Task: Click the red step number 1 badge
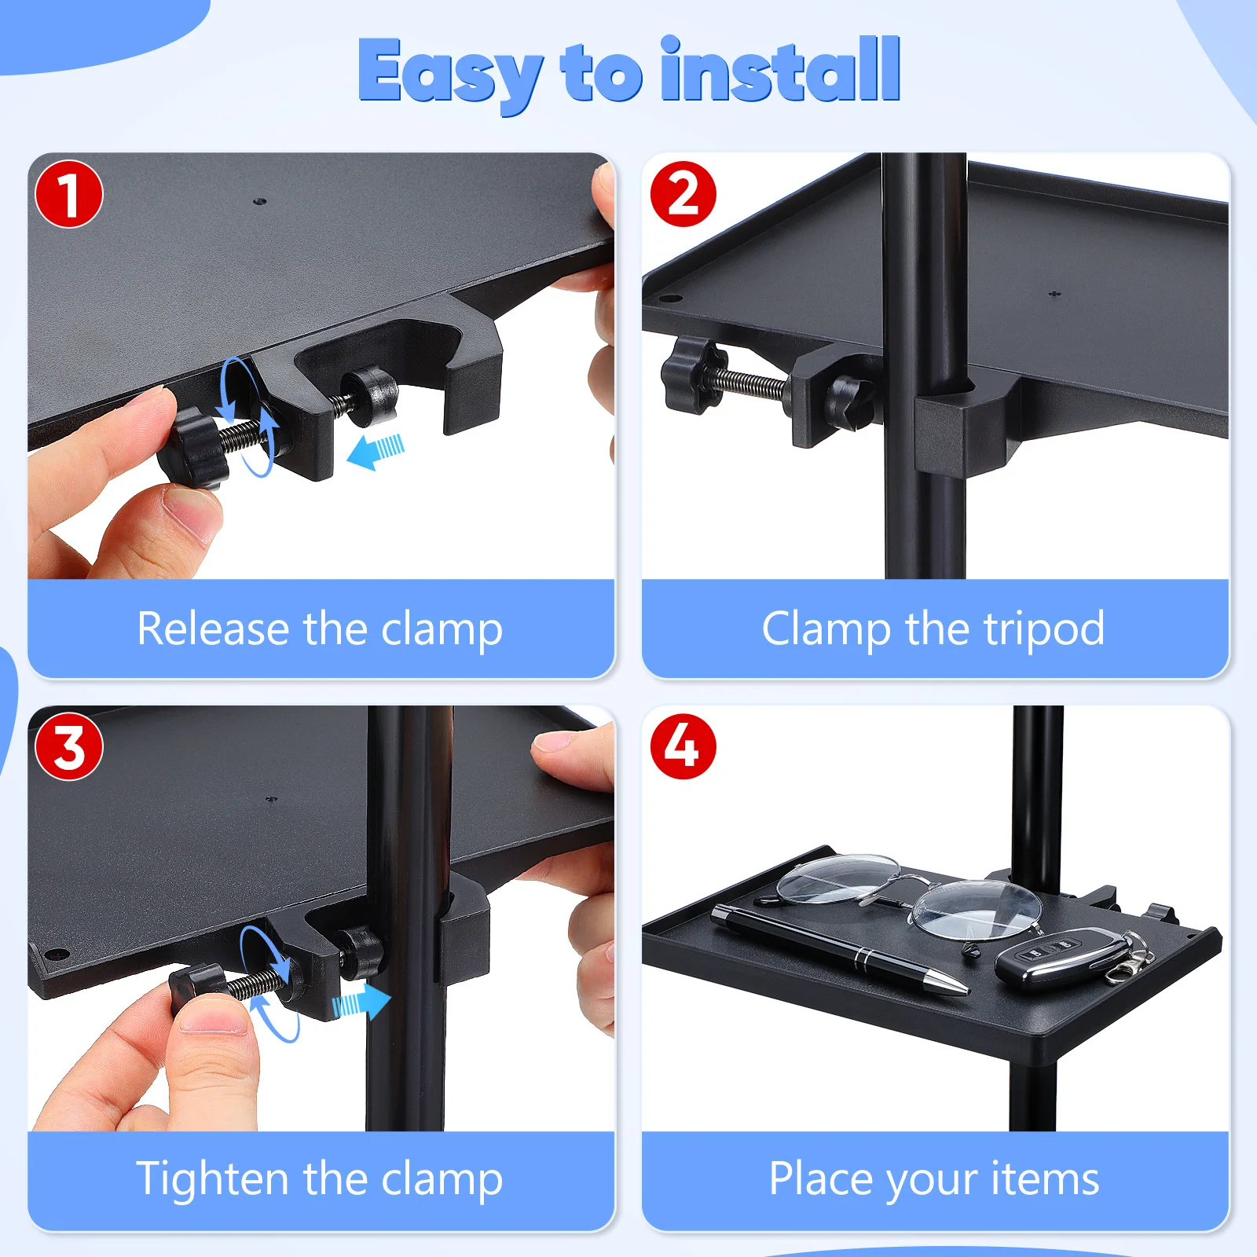tap(69, 194)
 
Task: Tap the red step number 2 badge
tap(683, 194)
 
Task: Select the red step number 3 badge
tap(69, 746)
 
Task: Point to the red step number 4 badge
tap(683, 746)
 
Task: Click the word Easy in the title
tap(449, 73)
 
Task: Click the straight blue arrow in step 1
tap(376, 453)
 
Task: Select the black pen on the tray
tap(838, 948)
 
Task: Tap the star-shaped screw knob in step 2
tap(687, 374)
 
